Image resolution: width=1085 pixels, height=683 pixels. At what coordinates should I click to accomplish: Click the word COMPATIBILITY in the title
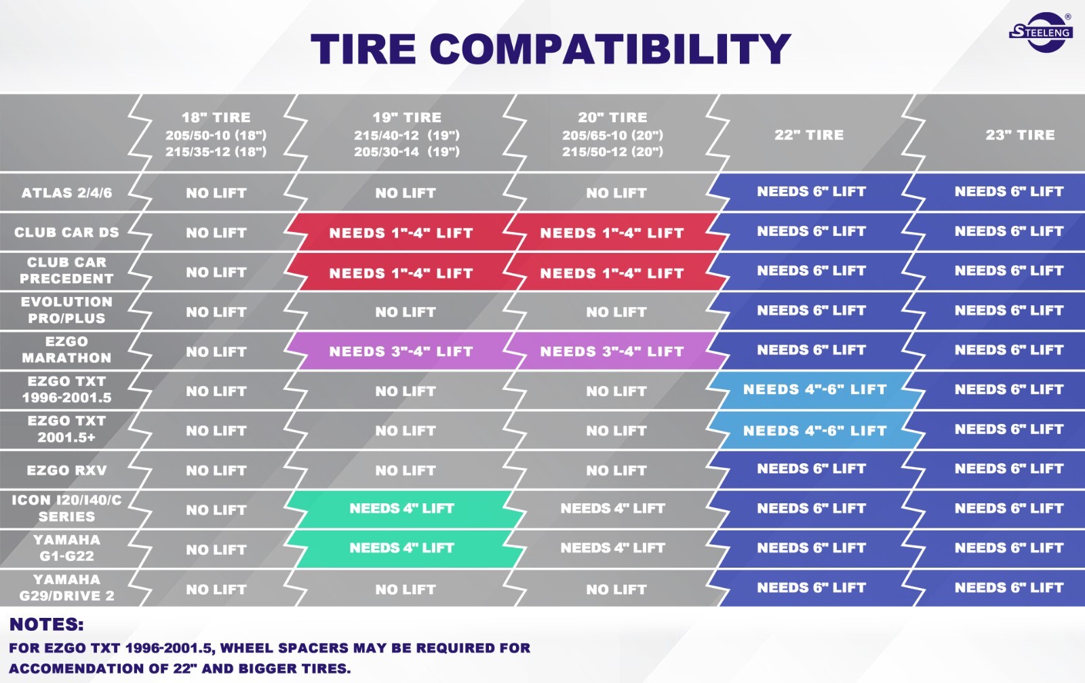point(610,49)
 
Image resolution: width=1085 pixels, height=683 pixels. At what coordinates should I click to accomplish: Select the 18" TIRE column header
point(216,117)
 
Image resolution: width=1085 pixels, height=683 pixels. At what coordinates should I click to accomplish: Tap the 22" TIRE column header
point(809,135)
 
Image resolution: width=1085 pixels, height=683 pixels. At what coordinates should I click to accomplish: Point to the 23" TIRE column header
point(1020,135)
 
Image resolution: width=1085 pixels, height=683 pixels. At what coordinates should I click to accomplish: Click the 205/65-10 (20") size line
point(613,135)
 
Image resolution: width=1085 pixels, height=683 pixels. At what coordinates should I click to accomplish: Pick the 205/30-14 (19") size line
point(407,152)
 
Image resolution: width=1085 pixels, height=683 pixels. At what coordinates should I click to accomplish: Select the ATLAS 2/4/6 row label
point(67,193)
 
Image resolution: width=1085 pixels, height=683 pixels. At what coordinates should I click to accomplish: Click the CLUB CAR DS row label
point(67,233)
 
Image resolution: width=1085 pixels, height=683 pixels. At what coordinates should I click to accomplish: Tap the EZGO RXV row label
point(67,470)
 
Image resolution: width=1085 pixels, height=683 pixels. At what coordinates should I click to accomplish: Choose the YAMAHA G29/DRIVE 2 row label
point(67,587)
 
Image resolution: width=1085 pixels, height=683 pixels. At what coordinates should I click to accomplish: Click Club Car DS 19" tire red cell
point(401,233)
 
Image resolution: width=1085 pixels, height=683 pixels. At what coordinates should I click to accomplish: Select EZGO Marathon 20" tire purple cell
point(612,351)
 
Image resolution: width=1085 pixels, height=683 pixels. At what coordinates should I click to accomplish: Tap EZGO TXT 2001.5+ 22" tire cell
point(814,430)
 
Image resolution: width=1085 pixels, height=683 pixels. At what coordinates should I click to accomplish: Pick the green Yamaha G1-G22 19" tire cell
point(402,548)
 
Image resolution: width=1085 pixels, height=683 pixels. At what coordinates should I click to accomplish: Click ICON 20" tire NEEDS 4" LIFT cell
point(613,508)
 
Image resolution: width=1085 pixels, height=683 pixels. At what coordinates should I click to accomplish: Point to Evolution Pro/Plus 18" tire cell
point(216,312)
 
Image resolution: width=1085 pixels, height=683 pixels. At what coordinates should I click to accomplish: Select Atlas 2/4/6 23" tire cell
point(1009,191)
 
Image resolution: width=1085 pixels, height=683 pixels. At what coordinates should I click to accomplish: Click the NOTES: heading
point(47,625)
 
